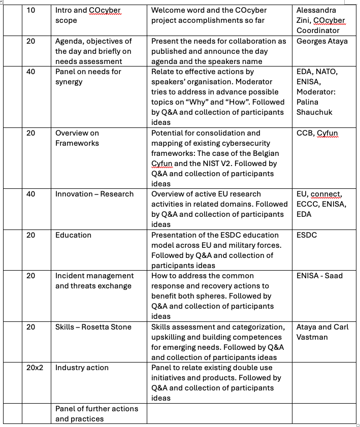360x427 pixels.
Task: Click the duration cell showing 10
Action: [31, 10]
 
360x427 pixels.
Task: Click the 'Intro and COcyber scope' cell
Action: [88, 15]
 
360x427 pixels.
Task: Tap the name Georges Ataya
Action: [322, 41]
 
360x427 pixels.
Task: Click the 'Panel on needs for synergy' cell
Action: [88, 77]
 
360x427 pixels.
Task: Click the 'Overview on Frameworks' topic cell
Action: [77, 138]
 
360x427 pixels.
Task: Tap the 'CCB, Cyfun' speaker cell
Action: [317, 133]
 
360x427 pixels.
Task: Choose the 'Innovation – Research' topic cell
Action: [94, 194]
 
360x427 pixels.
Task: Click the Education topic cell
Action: [74, 235]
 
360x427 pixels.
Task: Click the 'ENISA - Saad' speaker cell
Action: [319, 276]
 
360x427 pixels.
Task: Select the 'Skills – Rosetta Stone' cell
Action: [93, 327]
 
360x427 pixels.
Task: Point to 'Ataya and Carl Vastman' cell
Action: [322, 332]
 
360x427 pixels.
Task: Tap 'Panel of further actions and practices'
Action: [96, 414]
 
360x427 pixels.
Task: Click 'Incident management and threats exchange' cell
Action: [94, 281]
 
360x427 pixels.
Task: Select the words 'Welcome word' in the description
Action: [175, 10]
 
